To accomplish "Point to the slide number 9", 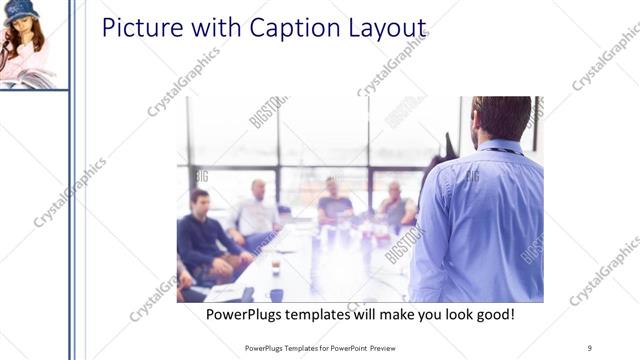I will point(590,348).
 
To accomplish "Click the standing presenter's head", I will point(501,118).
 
